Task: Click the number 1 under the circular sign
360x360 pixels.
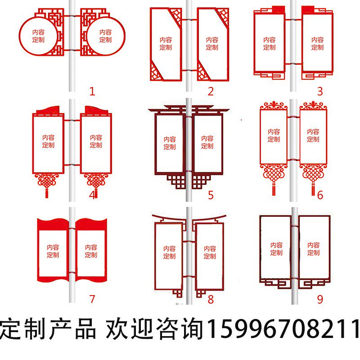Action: [92, 92]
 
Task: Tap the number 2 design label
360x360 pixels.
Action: [211, 92]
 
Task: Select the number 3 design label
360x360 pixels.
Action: [320, 92]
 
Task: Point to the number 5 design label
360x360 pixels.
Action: [211, 195]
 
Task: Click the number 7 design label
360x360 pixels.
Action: [92, 299]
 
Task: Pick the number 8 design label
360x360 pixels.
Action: [211, 299]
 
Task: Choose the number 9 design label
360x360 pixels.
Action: [320, 299]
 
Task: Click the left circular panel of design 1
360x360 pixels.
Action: [38, 36]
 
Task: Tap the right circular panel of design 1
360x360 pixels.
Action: [105, 36]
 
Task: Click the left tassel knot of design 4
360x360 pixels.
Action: [45, 182]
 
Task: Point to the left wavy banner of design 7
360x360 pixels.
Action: [53, 250]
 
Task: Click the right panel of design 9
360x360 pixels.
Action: [314, 248]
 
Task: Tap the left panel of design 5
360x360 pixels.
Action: [169, 143]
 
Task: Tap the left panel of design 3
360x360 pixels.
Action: [270, 43]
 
